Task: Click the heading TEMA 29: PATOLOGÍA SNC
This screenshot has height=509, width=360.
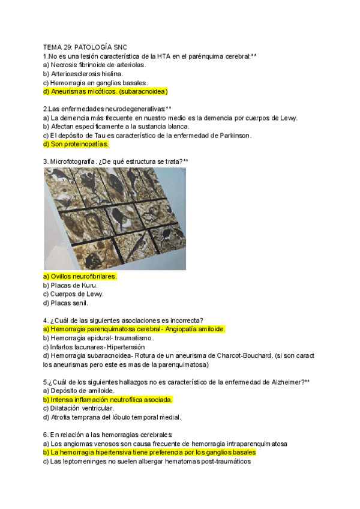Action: pyautogui.click(x=85, y=47)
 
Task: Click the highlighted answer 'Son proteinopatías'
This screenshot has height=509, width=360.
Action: pyautogui.click(x=76, y=144)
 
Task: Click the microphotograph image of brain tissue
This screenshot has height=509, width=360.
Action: pyautogui.click(x=115, y=218)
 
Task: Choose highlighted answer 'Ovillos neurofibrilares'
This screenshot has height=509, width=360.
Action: pyautogui.click(x=80, y=276)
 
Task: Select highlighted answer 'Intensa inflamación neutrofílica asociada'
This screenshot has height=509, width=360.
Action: pyautogui.click(x=108, y=399)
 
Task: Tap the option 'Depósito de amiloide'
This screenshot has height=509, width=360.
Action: pyautogui.click(x=79, y=391)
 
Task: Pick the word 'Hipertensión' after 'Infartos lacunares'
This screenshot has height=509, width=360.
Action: pyautogui.click(x=126, y=347)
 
